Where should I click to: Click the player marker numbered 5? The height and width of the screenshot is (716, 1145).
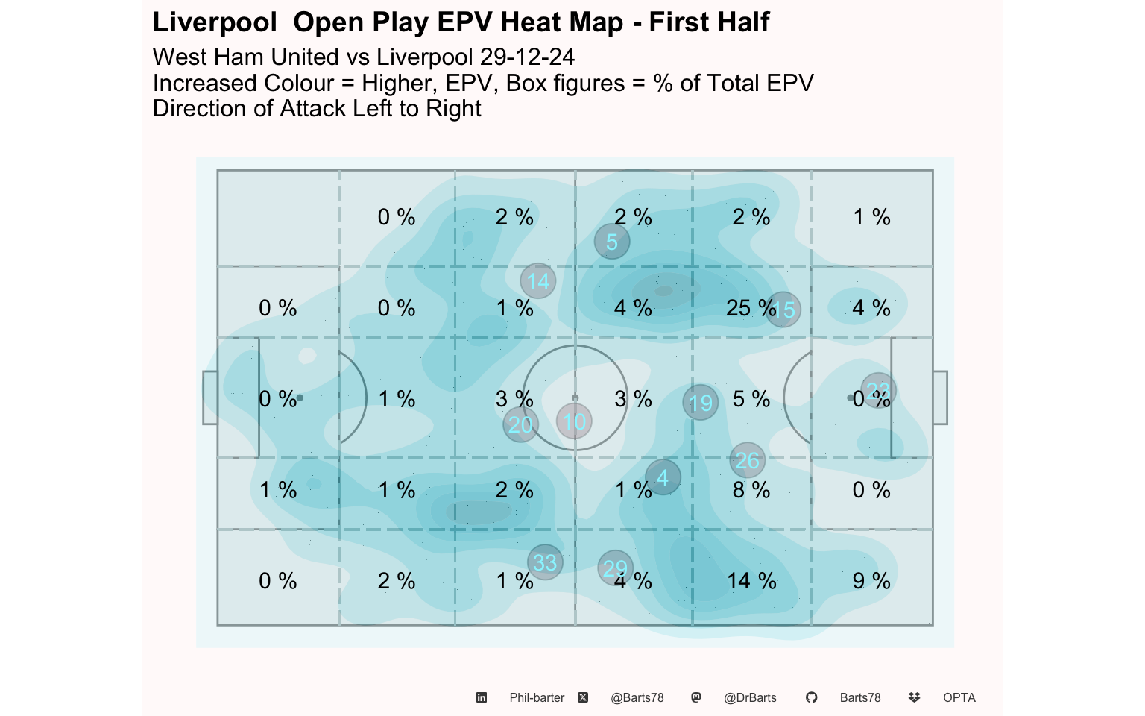[x=612, y=242]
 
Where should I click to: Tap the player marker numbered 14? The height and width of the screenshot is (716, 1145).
[x=538, y=281]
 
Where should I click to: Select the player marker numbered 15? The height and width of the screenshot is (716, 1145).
[x=783, y=310]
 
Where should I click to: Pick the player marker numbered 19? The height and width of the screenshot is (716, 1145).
[x=701, y=403]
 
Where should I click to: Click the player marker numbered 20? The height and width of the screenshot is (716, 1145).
[x=520, y=424]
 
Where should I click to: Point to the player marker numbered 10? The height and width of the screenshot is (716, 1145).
[x=574, y=421]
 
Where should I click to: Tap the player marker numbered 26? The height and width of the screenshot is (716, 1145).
[x=748, y=460]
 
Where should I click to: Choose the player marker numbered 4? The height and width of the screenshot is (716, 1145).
[x=663, y=477]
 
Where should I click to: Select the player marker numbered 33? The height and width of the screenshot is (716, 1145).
[x=545, y=562]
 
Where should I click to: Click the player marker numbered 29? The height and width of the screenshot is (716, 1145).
[x=616, y=568]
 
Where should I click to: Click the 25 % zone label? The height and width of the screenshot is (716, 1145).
[x=750, y=307]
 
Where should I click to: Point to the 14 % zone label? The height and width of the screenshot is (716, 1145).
[x=751, y=581]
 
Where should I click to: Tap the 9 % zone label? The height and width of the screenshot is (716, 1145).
[x=871, y=581]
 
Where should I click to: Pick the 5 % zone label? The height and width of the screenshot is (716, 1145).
[x=751, y=399]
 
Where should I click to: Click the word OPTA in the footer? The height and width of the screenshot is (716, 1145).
[x=959, y=697]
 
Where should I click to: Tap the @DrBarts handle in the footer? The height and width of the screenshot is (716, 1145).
[x=750, y=697]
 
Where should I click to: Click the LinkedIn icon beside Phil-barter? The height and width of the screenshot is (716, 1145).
[x=482, y=697]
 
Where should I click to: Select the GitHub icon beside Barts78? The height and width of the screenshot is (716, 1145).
[x=812, y=697]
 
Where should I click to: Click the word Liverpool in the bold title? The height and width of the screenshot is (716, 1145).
[x=215, y=22]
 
